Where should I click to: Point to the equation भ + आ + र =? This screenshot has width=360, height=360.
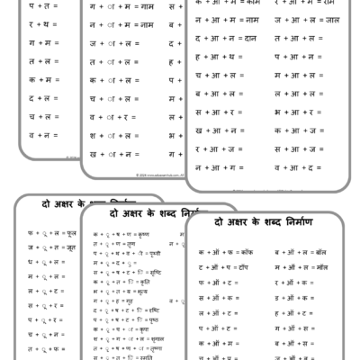(x=293, y=112)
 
